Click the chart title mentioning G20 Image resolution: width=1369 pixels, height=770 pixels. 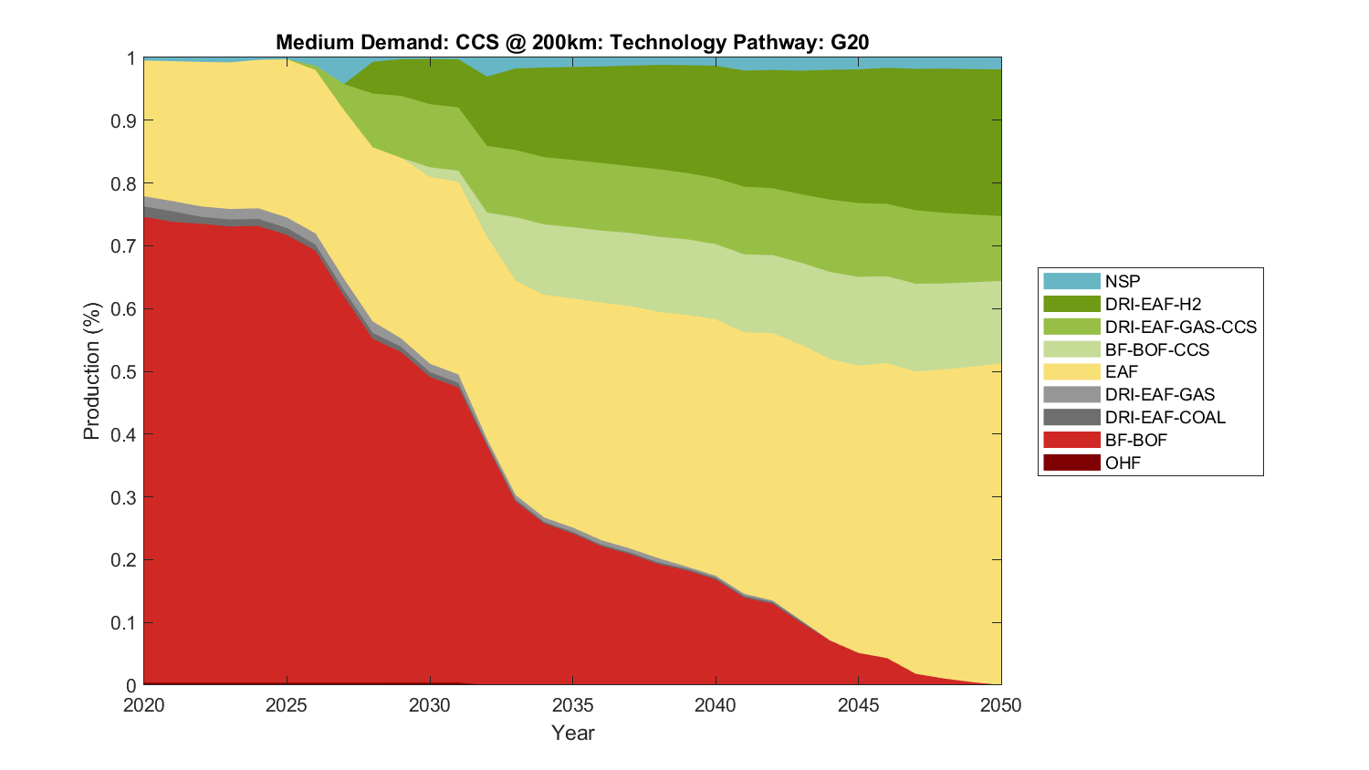(x=572, y=43)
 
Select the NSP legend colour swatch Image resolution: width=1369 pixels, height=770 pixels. (x=1071, y=281)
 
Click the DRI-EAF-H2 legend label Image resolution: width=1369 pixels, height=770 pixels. (x=1153, y=304)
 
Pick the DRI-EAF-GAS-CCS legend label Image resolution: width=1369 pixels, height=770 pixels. (x=1180, y=327)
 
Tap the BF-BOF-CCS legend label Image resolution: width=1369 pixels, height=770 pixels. (x=1156, y=349)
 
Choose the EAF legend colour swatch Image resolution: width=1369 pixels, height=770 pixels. (x=1071, y=372)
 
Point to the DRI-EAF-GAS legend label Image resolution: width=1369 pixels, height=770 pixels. (x=1159, y=394)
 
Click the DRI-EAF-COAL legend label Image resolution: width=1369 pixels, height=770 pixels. (x=1165, y=417)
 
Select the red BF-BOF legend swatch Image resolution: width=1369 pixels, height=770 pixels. (x=1071, y=440)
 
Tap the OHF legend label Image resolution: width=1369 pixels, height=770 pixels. (x=1123, y=463)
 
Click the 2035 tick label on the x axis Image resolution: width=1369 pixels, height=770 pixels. (x=572, y=705)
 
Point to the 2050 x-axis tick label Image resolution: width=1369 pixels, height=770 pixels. (x=1001, y=705)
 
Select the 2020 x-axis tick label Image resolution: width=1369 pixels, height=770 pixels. (x=143, y=705)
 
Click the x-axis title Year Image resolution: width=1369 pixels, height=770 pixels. (x=572, y=733)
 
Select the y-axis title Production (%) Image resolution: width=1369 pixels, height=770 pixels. (x=92, y=371)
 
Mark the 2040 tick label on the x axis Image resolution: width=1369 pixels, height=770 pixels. (x=716, y=705)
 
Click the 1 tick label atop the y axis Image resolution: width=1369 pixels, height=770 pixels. (x=131, y=58)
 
